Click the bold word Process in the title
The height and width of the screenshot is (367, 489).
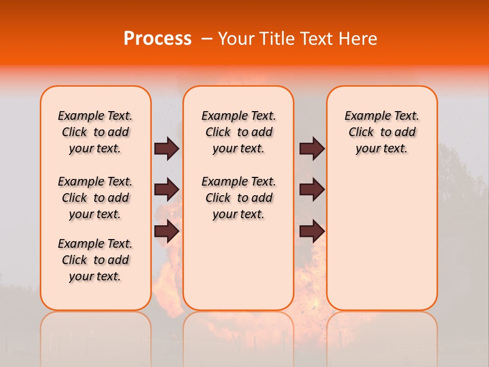(x=157, y=39)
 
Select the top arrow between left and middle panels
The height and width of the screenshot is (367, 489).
(x=167, y=148)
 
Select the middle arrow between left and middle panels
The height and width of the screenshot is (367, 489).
(x=167, y=190)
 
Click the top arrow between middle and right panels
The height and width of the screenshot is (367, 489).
(x=312, y=148)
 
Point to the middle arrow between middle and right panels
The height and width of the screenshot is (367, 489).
(x=312, y=190)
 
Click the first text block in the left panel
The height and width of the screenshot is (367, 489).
(x=95, y=132)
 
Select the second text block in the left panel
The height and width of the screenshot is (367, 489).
(x=95, y=198)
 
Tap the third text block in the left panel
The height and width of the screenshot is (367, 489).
(x=95, y=260)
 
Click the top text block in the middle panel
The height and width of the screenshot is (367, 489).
(x=238, y=132)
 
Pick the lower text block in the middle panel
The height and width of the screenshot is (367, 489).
(x=238, y=198)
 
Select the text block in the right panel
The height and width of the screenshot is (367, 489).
(x=382, y=132)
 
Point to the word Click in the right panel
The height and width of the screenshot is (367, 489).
(x=361, y=133)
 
